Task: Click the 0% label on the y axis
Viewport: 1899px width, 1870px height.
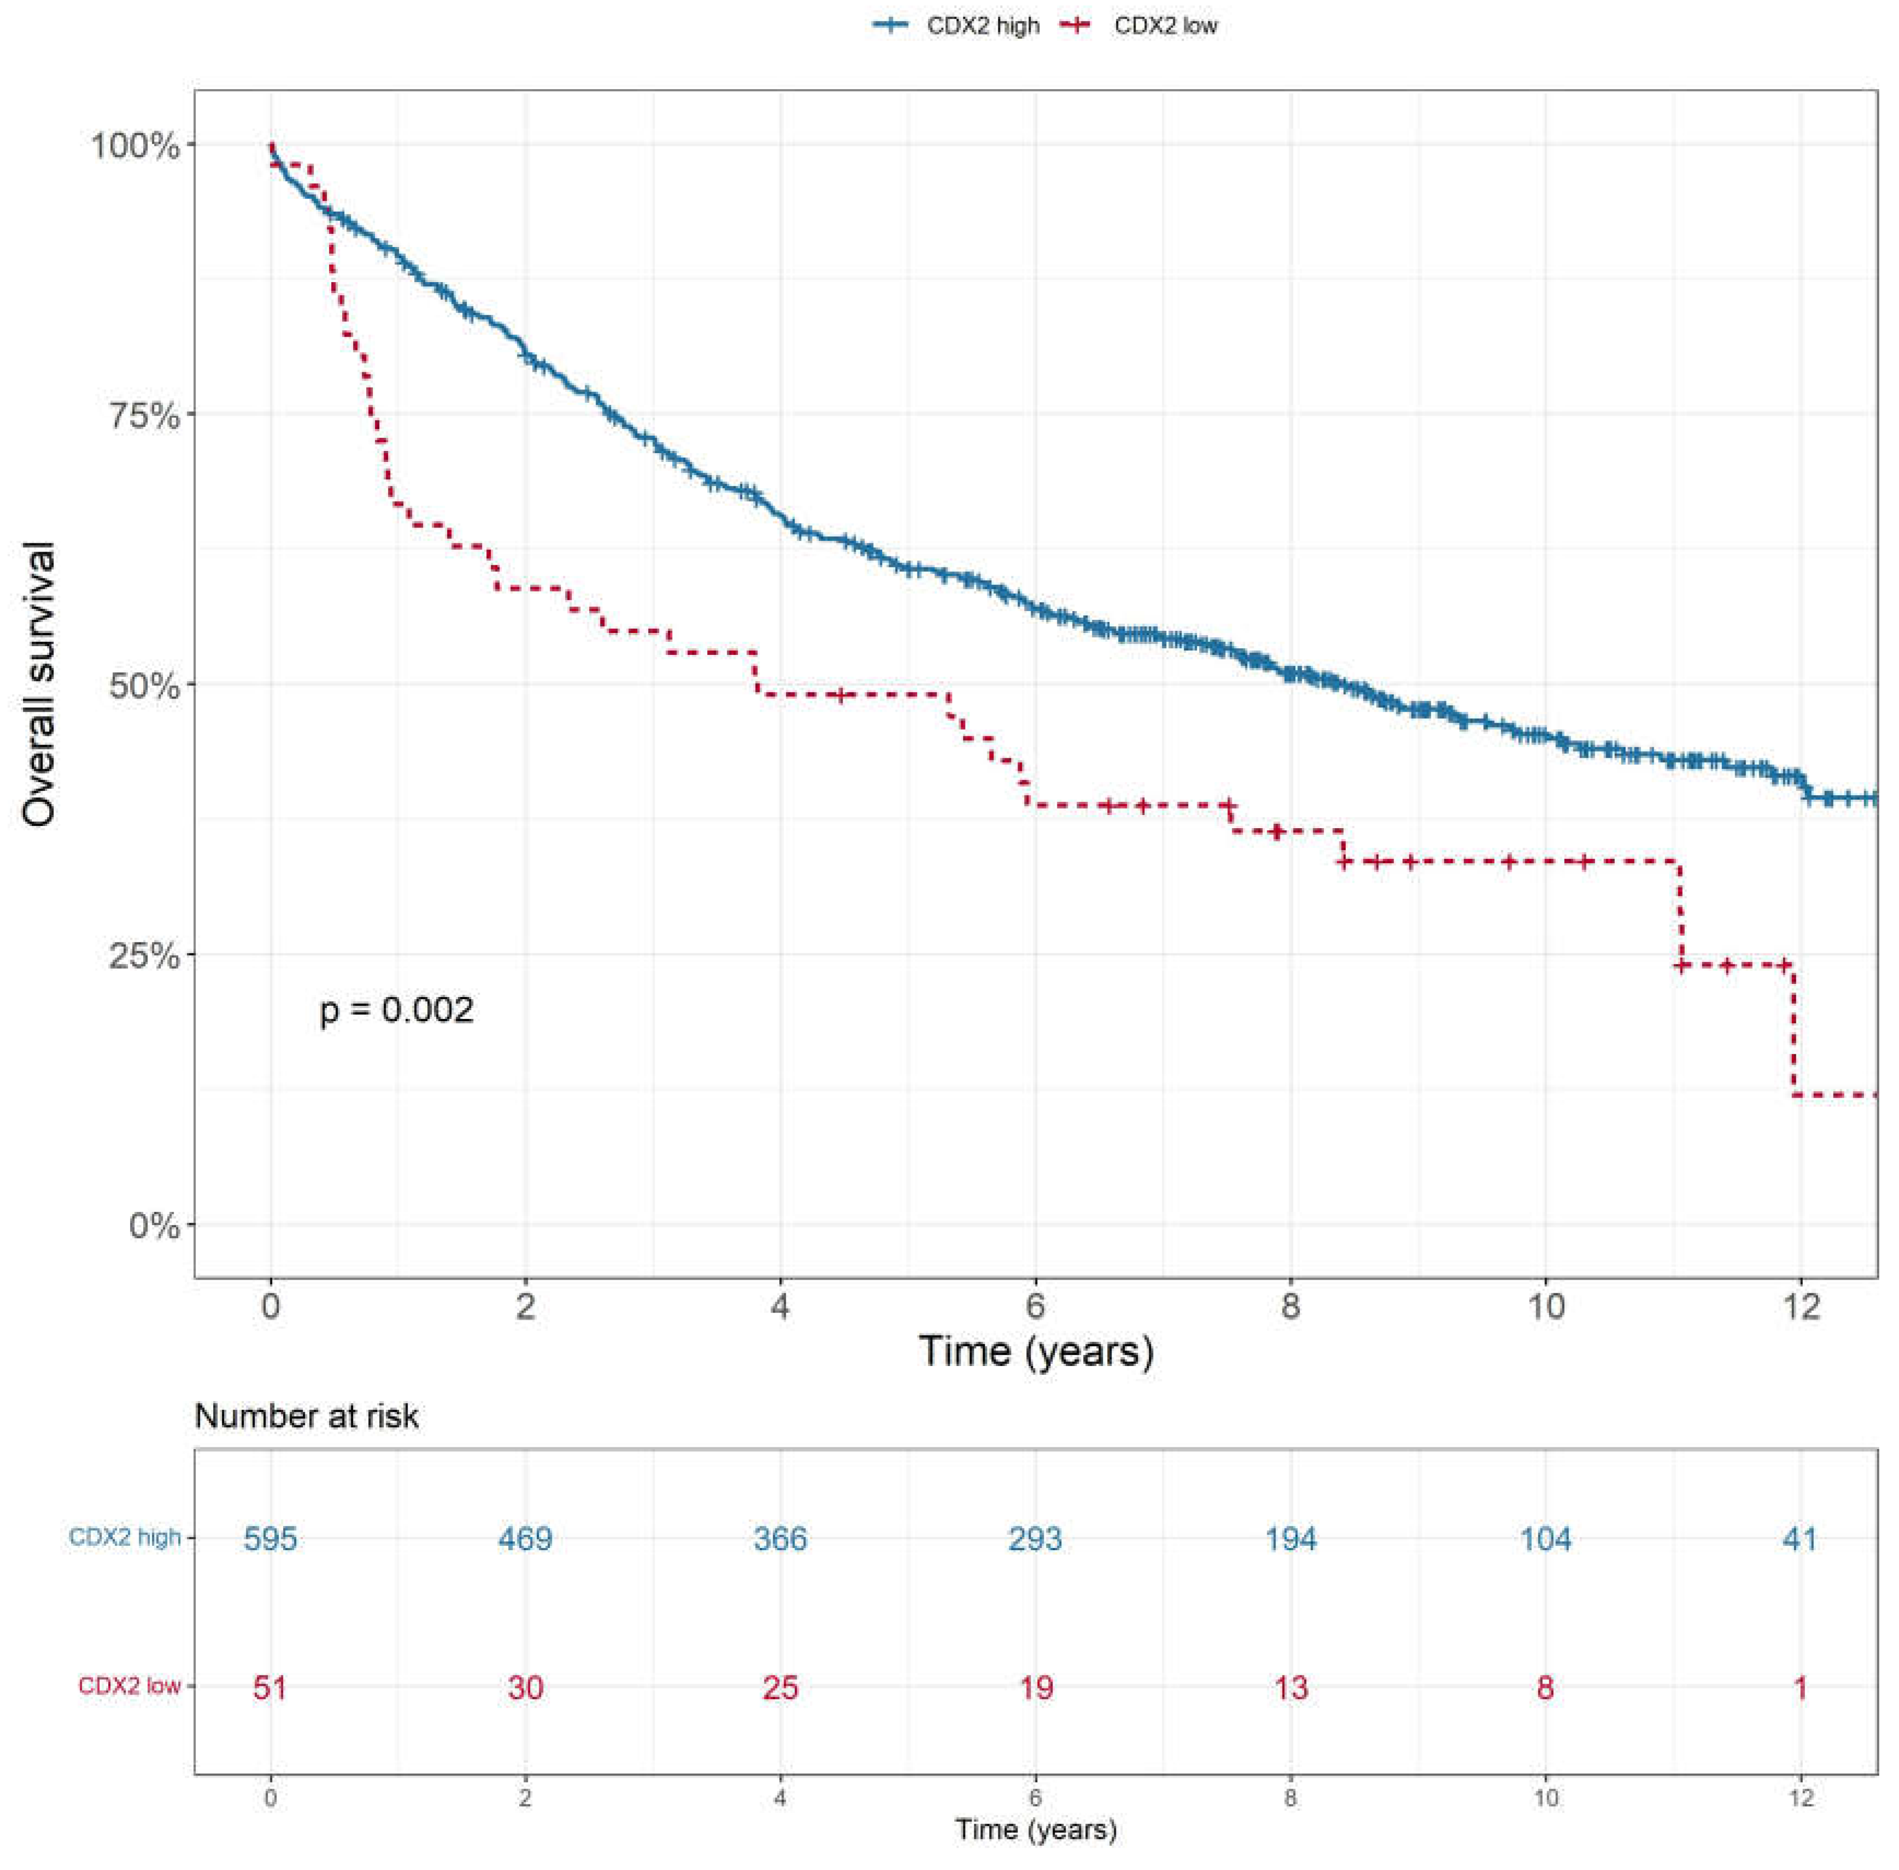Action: [x=155, y=1226]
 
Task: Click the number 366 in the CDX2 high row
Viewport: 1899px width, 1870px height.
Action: [x=780, y=1538]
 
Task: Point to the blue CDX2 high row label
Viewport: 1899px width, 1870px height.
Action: [x=125, y=1537]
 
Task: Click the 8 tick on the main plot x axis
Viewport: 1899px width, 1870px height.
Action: [x=1290, y=1307]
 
